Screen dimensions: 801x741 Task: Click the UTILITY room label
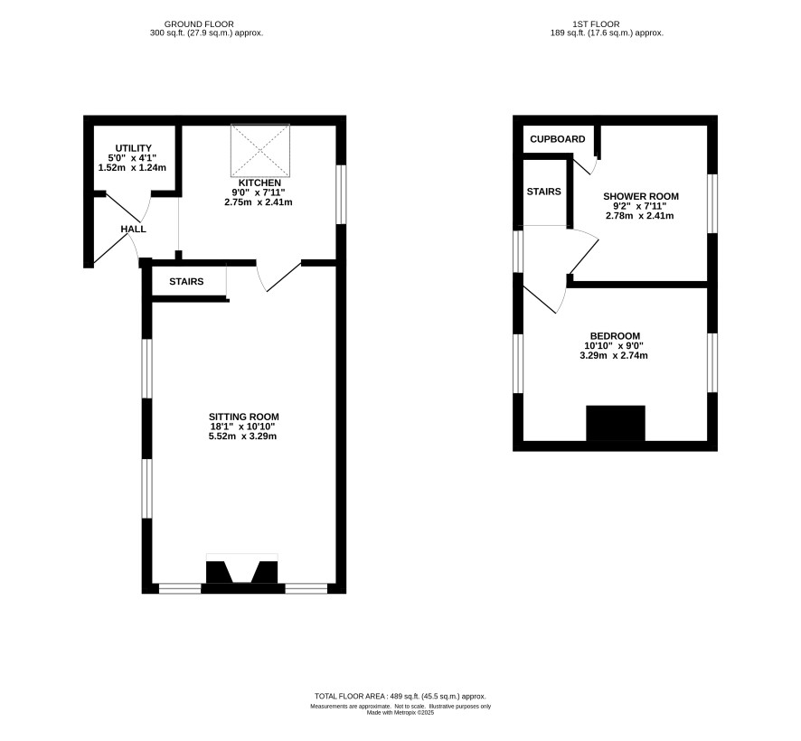point(133,148)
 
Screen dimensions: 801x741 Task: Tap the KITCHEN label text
point(259,183)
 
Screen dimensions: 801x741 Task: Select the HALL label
point(133,230)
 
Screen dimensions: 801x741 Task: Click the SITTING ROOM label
point(244,417)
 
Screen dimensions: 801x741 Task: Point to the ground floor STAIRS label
point(186,281)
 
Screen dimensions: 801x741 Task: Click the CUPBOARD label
point(557,139)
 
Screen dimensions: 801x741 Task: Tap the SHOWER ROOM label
point(641,196)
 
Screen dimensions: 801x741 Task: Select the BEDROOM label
point(615,336)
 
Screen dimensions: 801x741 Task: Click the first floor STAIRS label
point(543,192)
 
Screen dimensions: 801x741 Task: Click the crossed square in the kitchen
point(260,151)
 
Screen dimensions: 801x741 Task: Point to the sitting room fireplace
point(242,573)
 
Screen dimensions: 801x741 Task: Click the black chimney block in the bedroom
point(615,423)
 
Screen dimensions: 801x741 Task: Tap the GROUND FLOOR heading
point(199,24)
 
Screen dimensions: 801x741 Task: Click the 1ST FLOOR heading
point(596,24)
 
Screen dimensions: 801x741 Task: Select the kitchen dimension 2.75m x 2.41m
point(259,202)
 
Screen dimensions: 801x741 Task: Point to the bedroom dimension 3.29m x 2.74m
point(614,355)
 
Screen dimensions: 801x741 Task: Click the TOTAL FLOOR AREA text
point(400,696)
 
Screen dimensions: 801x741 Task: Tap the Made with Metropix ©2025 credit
point(400,712)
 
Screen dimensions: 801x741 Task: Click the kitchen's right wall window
point(341,194)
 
